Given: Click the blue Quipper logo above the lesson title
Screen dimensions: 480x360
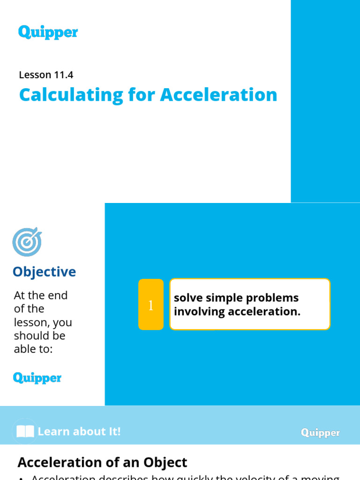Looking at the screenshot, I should pos(48,33).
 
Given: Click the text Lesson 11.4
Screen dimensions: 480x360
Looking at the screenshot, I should pos(46,75).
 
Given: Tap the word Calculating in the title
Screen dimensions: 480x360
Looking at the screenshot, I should pos(70,95).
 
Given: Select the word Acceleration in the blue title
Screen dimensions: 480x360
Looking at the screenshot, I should pos(218,95).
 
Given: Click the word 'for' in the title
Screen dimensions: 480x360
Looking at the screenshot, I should pos(143,95).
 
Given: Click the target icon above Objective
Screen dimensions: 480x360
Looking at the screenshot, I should pos(27,242).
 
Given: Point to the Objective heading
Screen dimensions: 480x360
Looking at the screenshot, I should pos(44,272).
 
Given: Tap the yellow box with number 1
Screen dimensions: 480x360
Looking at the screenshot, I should pos(151,305).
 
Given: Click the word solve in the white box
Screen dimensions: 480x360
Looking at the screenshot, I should pos(187,298).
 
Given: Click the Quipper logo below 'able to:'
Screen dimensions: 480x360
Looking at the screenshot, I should pos(37,378).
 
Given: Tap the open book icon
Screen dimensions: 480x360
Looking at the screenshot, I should pos(26,432).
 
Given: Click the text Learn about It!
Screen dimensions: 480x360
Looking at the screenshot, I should pos(79,432).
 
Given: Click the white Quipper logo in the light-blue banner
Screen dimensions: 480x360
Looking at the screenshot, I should pos(321,433).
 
